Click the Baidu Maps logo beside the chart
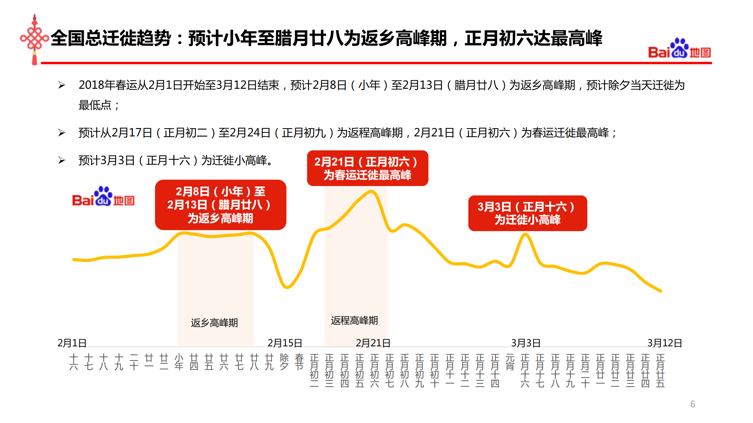pos(103,197)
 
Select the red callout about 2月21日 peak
pos(367,168)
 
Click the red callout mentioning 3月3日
pos(527,213)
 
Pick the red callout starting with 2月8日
pos(220,205)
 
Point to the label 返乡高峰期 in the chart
pos(214,322)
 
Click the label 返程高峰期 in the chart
pos(354,320)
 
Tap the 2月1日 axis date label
pos(72,343)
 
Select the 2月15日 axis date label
pos(285,343)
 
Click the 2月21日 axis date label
pos(373,343)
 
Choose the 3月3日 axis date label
pos(526,343)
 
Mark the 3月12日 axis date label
pos(664,343)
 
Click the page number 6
pos(692,404)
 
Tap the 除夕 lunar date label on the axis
pos(284,362)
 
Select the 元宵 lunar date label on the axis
pos(510,362)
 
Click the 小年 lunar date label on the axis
pos(179,362)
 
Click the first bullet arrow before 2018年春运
pos(61,85)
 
